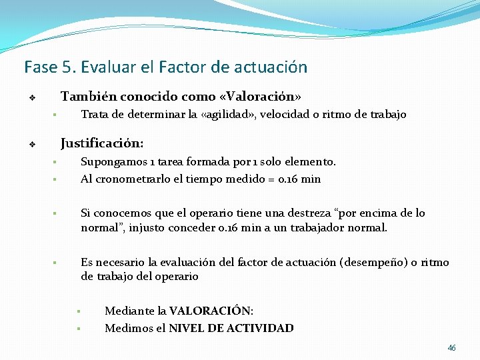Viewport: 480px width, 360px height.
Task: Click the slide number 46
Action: pos(452,348)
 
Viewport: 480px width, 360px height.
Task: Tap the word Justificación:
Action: pos(101,143)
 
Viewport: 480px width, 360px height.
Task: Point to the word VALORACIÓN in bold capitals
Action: pos(211,311)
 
